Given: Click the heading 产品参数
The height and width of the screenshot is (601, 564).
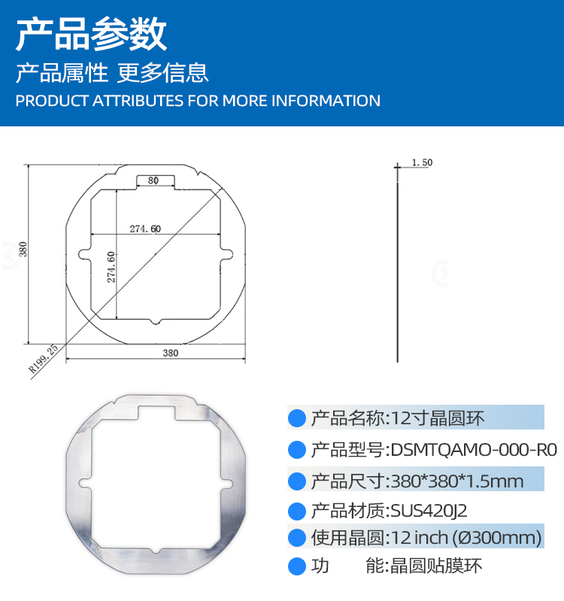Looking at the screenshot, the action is [x=91, y=35].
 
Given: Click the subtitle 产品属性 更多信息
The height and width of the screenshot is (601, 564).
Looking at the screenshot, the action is [x=112, y=73].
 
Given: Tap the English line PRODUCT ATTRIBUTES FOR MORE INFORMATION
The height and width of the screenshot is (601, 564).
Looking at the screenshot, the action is [x=198, y=101].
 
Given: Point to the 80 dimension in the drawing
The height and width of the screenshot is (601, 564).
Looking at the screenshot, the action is [x=153, y=180].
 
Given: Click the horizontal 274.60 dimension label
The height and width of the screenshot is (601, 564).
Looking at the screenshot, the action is [x=145, y=229].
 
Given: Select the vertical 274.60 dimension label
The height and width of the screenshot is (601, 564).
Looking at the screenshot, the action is [x=111, y=267].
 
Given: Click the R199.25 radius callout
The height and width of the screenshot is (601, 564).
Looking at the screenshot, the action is [x=44, y=359].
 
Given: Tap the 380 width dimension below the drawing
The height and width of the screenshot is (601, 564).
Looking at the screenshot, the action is [x=171, y=353].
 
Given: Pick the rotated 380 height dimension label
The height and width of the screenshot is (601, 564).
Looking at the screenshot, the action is [x=23, y=249].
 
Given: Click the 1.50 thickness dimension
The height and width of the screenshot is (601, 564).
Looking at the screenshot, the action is [x=422, y=162].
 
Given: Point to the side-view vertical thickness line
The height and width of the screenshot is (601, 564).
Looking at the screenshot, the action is [x=397, y=265].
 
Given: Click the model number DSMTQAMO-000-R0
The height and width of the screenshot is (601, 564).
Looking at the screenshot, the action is [x=474, y=450].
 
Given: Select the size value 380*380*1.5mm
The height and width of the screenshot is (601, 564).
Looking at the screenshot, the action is [x=457, y=481].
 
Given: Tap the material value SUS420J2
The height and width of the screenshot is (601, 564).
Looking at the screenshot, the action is [x=429, y=511].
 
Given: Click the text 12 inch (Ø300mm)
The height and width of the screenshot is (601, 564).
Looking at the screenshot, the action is [x=466, y=538].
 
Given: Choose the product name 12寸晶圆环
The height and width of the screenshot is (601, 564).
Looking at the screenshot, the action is [x=438, y=418].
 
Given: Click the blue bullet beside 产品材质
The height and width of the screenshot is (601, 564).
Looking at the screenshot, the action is [x=296, y=511].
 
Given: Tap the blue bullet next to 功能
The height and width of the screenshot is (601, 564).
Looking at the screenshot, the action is [x=296, y=566].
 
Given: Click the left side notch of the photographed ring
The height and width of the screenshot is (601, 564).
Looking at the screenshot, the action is [x=85, y=484].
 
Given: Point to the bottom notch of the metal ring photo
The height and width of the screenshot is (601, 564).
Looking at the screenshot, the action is [x=155, y=551].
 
